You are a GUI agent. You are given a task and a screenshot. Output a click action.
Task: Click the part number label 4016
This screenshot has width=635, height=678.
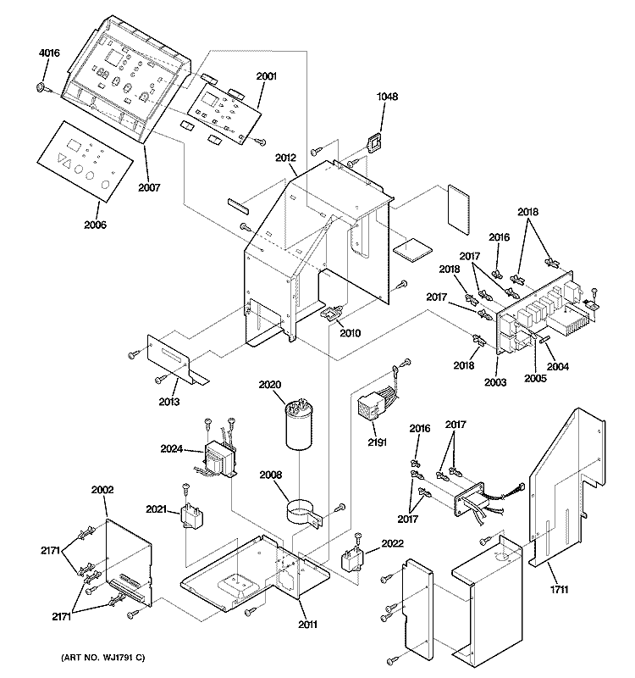click(x=49, y=53)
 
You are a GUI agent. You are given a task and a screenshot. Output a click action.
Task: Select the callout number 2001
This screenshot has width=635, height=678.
click(x=266, y=76)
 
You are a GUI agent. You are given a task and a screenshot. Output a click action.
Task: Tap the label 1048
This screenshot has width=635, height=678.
click(x=387, y=97)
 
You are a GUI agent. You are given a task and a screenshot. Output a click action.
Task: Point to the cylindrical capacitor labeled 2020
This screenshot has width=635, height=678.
click(x=300, y=426)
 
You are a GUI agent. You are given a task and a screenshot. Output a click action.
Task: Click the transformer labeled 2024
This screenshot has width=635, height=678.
click(x=220, y=460)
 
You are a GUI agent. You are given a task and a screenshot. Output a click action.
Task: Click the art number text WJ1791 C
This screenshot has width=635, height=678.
click(x=103, y=658)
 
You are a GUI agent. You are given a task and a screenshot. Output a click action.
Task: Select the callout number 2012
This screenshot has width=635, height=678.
click(x=286, y=158)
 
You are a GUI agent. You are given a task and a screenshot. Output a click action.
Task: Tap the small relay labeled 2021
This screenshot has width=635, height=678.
click(x=192, y=514)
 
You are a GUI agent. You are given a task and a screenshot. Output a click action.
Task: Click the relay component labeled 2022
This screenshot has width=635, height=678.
click(x=352, y=559)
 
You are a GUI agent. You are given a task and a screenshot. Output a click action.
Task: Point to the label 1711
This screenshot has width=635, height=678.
click(x=559, y=589)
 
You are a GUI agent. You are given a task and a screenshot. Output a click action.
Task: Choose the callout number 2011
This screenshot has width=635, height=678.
click(x=307, y=625)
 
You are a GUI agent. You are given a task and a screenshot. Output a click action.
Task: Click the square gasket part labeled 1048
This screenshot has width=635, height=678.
click(x=374, y=142)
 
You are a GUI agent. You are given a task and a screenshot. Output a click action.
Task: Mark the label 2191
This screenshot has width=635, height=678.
click(x=377, y=442)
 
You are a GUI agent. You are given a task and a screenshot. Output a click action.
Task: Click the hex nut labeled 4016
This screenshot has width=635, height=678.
click(x=41, y=87)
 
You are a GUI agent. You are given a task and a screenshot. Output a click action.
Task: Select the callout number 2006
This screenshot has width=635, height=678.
click(x=95, y=225)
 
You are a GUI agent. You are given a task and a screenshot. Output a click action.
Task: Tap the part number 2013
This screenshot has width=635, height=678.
click(x=168, y=402)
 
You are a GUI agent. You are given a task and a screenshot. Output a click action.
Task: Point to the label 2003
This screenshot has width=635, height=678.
click(x=495, y=382)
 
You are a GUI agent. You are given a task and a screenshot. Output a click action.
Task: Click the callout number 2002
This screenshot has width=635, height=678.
click(x=102, y=490)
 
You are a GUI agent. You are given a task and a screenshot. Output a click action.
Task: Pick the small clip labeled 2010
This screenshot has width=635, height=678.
click(x=332, y=313)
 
